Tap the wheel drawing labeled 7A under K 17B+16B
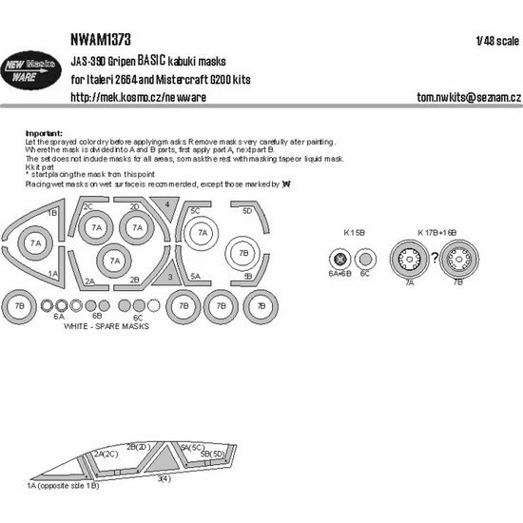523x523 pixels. [408, 257]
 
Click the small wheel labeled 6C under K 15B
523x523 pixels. [365, 258]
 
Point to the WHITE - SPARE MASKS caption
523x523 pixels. [106, 325]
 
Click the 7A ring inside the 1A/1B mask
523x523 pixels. [36, 244]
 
